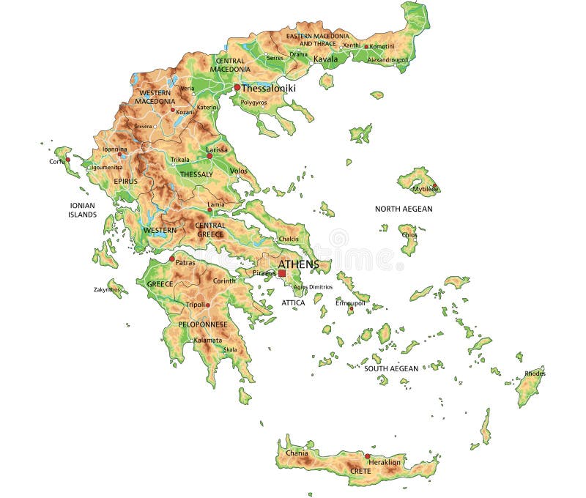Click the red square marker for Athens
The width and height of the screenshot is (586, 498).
[282, 273]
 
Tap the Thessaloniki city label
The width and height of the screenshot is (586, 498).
[269, 88]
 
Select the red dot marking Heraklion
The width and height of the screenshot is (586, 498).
[368, 456]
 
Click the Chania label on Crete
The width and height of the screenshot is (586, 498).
[297, 453]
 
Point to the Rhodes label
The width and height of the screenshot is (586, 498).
[535, 373]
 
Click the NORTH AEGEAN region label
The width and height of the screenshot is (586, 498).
[404, 209]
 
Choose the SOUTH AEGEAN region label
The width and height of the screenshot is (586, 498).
[391, 368]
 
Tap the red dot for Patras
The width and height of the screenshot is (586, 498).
[171, 259]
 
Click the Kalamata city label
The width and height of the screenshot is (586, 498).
[207, 340]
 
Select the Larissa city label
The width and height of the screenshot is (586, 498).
[217, 149]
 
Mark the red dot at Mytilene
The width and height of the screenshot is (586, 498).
[434, 185]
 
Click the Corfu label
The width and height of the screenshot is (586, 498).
[56, 161]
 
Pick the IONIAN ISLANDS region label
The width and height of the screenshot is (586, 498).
[82, 210]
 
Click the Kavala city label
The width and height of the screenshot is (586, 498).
[325, 59]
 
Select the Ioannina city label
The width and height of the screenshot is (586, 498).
[114, 149]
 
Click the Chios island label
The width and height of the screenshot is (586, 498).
[408, 235]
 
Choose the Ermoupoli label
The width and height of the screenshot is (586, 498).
[350, 302]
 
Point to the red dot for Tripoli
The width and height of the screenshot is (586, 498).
[207, 305]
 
